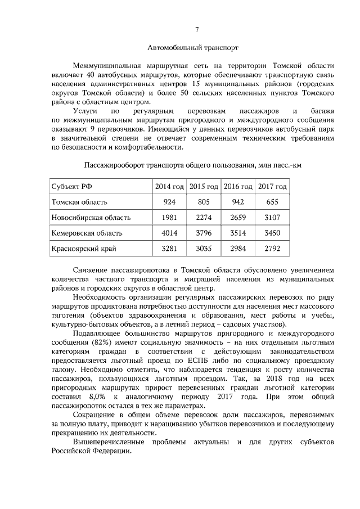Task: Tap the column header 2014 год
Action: coord(169,186)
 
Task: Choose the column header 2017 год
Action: coord(272,186)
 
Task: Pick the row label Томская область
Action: coord(79,201)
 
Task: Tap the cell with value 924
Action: coord(169,201)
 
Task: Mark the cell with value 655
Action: coord(272,201)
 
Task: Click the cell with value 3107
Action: coord(272,217)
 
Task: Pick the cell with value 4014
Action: coord(169,232)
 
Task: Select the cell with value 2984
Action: coord(238,247)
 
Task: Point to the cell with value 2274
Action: coord(204,217)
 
